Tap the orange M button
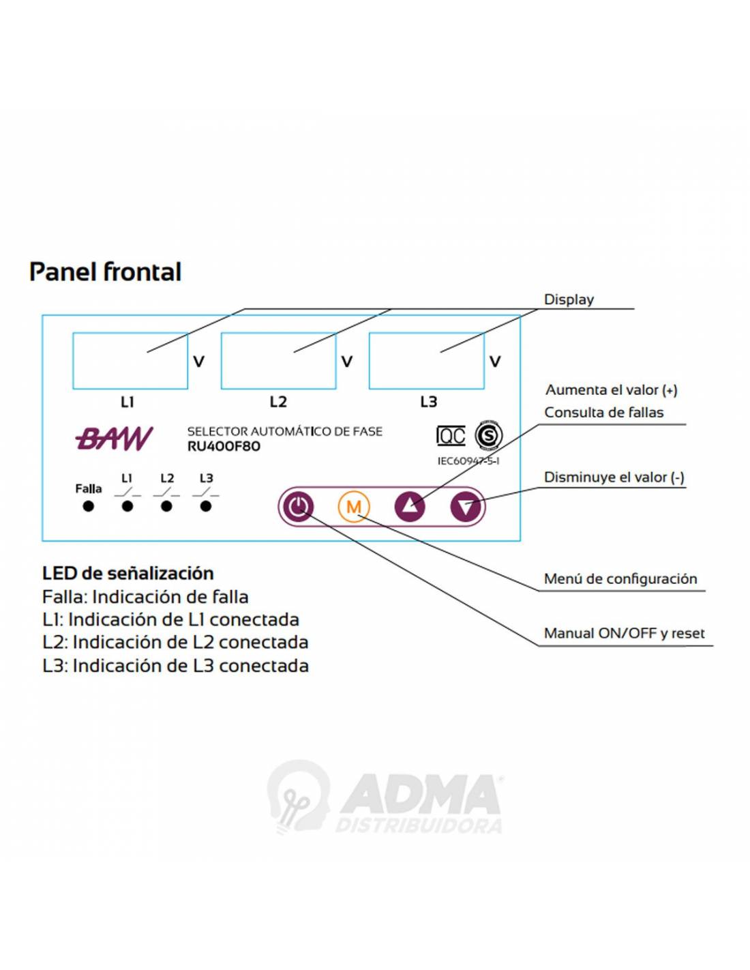pyautogui.click(x=353, y=507)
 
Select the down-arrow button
pyautogui.click(x=466, y=507)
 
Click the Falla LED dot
pyautogui.click(x=88, y=506)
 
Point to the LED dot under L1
pyautogui.click(x=127, y=506)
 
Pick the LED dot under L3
pyautogui.click(x=206, y=506)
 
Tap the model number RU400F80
pyautogui.click(x=224, y=447)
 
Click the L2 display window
pyautogui.click(x=278, y=361)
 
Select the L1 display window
pyautogui.click(x=130, y=361)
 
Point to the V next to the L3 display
pyautogui.click(x=495, y=362)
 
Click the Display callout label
pyautogui.click(x=569, y=299)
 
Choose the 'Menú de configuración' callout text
pyautogui.click(x=620, y=579)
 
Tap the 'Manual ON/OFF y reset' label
pyautogui.click(x=624, y=634)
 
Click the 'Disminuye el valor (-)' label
pyautogui.click(x=614, y=477)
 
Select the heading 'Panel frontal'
pyautogui.click(x=105, y=271)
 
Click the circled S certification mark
pyautogui.click(x=489, y=435)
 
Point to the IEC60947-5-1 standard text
pyautogui.click(x=468, y=461)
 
